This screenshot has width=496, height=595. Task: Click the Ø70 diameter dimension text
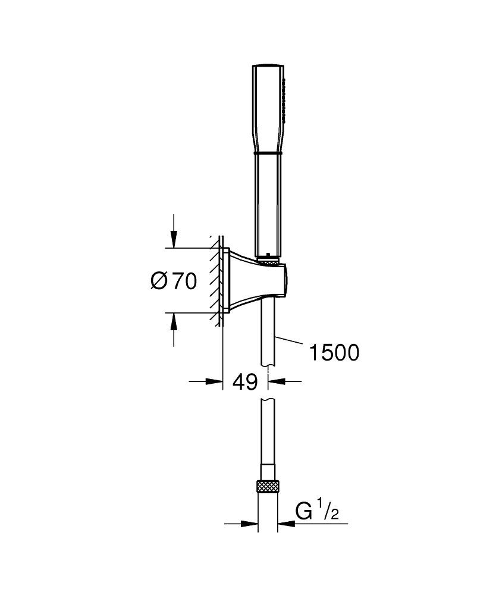(173, 280)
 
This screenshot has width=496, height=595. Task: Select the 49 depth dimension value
(244, 382)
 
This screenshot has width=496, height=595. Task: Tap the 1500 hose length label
(334, 353)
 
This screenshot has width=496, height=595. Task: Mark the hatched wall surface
(215, 280)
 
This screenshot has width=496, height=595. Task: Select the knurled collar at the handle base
(269, 259)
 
